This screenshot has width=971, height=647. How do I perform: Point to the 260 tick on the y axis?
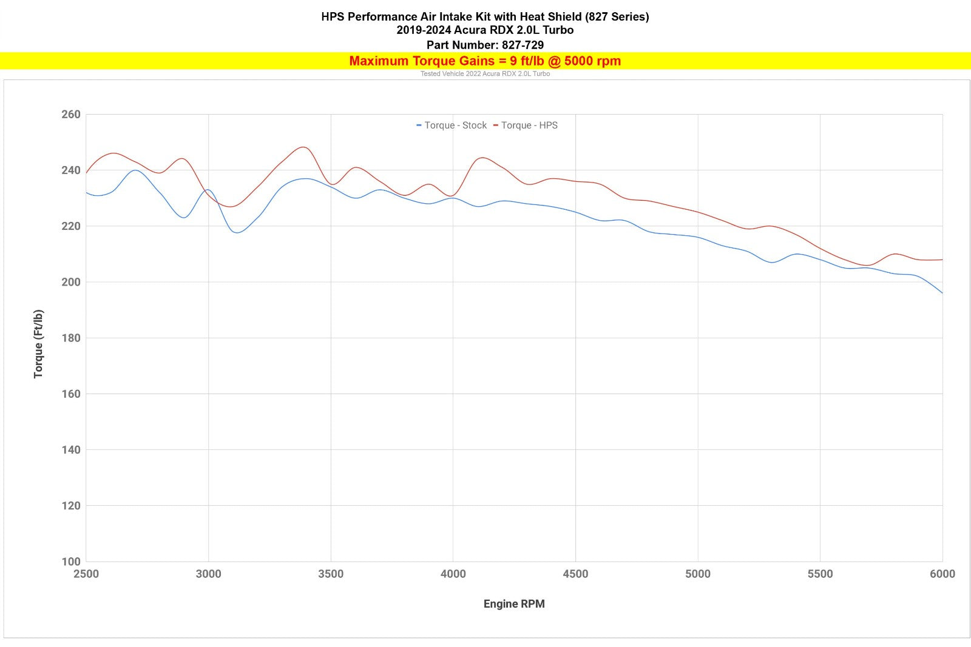[71, 115]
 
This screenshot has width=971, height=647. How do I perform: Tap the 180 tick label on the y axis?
[71, 338]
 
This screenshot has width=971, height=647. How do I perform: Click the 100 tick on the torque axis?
[71, 562]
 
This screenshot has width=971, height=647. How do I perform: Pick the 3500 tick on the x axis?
[331, 574]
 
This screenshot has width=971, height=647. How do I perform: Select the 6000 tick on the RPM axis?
[942, 574]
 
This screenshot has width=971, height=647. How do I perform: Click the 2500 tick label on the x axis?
[86, 574]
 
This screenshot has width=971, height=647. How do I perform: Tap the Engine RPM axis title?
[514, 604]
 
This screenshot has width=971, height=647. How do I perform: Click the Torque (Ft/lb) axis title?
[38, 344]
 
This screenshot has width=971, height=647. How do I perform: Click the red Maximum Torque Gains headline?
[485, 61]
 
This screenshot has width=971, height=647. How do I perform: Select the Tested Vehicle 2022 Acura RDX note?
[485, 74]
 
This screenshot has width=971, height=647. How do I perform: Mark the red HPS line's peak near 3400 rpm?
[303, 147]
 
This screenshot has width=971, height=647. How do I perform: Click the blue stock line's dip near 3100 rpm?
[236, 232]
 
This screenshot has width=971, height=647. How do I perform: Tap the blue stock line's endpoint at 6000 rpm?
[942, 293]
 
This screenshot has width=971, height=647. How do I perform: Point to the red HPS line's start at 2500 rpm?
[86, 173]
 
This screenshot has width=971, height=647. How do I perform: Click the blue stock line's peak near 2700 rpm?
[135, 170]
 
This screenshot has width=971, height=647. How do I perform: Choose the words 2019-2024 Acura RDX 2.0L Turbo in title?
[485, 30]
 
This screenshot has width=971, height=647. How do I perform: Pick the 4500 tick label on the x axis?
[575, 574]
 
